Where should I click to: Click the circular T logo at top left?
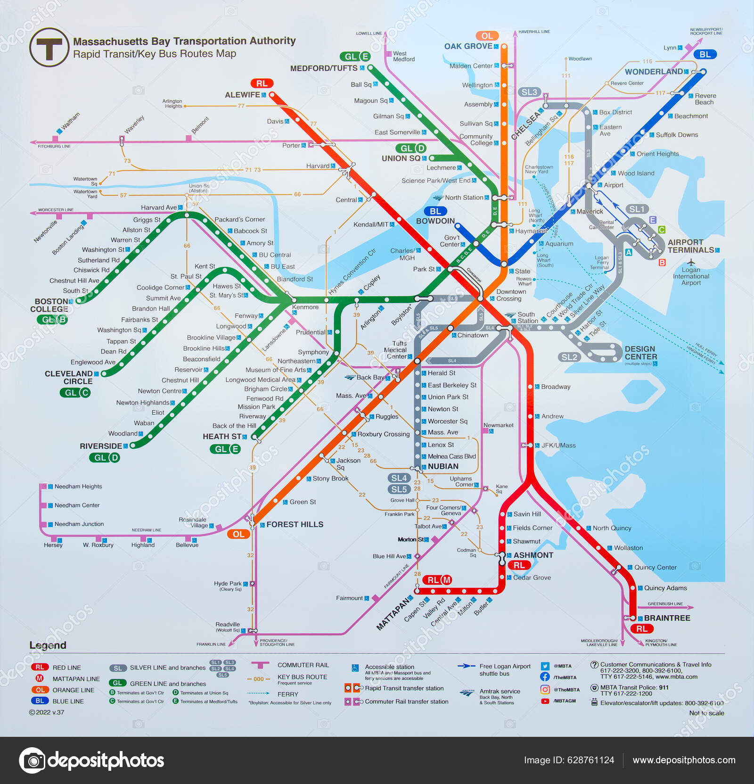(x=49, y=47)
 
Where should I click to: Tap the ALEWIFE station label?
(x=242, y=95)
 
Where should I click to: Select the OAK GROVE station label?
(x=468, y=46)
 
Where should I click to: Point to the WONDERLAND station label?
(x=654, y=72)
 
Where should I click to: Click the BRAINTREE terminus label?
(x=667, y=618)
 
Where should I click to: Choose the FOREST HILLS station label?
(x=295, y=524)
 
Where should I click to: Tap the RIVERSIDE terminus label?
(x=101, y=446)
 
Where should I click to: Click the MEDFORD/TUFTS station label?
(x=324, y=68)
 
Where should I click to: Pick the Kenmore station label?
(x=305, y=307)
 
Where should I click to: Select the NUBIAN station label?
(x=443, y=466)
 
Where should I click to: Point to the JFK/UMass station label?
(x=558, y=445)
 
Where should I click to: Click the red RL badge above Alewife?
(x=262, y=83)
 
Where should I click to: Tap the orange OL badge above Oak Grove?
(x=487, y=36)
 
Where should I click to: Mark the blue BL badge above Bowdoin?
(x=435, y=211)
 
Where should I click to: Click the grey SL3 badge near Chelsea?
(x=529, y=92)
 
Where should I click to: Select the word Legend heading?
(x=48, y=645)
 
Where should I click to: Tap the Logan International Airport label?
(x=691, y=276)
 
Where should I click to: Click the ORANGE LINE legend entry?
(x=73, y=690)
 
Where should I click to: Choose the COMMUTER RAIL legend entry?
(x=303, y=665)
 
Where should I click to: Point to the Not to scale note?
(x=706, y=713)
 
